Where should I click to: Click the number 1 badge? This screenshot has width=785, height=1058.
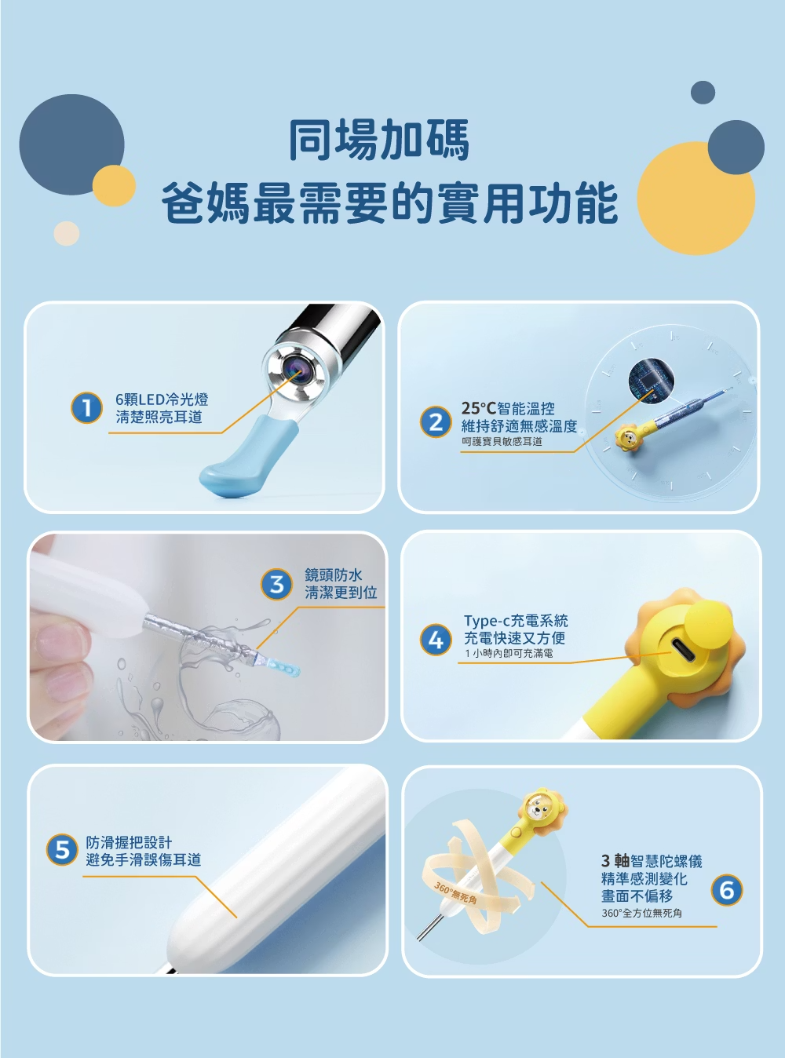(86, 408)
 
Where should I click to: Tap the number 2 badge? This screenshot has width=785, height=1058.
(436, 422)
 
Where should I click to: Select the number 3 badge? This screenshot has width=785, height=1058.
(277, 584)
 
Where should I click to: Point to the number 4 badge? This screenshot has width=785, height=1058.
(436, 640)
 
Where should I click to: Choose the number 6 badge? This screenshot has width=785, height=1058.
(726, 889)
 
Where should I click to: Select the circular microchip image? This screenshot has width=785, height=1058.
(652, 380)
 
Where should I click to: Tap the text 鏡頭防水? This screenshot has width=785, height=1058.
(333, 575)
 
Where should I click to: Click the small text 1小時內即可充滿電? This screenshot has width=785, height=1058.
(509, 653)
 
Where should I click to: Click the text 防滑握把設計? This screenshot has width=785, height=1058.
(129, 842)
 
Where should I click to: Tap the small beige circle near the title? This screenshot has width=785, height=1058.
(66, 233)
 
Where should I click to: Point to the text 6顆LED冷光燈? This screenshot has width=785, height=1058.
(162, 399)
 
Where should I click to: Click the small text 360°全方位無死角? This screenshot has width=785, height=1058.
(641, 913)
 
